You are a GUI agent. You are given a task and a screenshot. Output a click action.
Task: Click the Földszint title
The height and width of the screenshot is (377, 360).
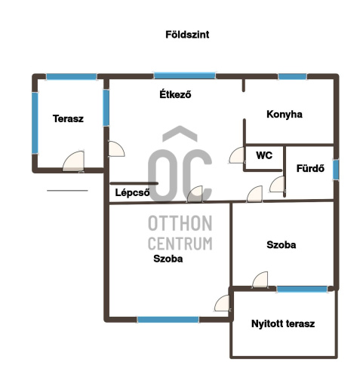coord(187,35)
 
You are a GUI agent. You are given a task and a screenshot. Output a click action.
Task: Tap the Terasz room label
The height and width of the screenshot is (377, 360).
coord(68,118)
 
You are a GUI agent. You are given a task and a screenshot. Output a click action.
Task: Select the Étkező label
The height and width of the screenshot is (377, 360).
coord(175,94)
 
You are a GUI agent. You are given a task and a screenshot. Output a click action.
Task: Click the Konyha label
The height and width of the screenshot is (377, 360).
coord(285,115)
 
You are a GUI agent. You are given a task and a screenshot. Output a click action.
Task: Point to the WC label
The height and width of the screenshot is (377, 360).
coord(264,155)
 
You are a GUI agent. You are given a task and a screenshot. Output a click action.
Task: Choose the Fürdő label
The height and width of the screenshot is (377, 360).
coord(310,168)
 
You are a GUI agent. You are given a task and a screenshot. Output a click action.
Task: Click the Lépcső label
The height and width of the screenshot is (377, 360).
coord(132,192)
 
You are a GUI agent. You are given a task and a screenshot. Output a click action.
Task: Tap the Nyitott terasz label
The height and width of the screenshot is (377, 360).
coord(283,323)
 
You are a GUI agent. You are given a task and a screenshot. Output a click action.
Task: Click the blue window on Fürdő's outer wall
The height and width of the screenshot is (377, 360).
coord(336,169)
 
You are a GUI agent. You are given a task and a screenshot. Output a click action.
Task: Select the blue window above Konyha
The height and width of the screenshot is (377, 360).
coord(292,76)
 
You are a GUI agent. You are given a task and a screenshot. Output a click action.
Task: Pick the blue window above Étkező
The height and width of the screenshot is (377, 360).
coord(185,75)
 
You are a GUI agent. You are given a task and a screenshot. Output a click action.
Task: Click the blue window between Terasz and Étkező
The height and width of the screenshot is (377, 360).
coord(106,108)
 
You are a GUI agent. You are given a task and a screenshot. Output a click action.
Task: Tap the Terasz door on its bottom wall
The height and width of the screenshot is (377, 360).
coord(73,162)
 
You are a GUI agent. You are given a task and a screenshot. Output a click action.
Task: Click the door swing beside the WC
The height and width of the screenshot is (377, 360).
coord(237,155)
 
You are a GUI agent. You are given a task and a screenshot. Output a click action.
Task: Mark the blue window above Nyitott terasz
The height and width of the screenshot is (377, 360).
coord(302,289)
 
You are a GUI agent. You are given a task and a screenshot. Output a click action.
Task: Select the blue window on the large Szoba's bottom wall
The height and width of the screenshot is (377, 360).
coord(168,320)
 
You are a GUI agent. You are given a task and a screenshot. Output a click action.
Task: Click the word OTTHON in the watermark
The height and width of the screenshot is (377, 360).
coord(180,223)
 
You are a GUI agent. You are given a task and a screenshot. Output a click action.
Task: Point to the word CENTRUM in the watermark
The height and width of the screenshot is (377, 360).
coord(180,244)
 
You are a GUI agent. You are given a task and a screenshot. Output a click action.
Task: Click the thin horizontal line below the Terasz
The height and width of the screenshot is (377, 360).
coord(67,191)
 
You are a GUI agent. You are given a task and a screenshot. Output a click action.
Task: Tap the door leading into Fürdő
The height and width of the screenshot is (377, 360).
coord(277,185)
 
